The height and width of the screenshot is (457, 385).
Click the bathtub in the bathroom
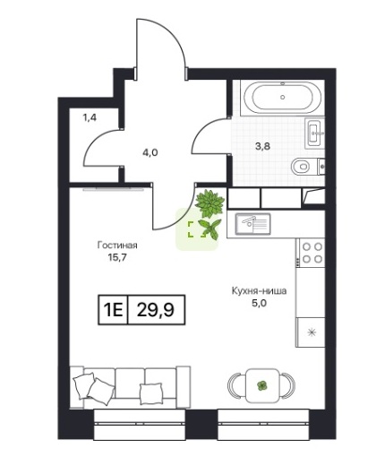(283, 98)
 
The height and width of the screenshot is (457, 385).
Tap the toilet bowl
(300, 167)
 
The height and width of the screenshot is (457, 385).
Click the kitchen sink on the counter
(252, 224)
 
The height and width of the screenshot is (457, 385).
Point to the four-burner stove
(310, 253)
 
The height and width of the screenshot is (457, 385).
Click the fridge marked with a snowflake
(311, 332)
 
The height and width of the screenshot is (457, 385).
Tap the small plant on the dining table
(261, 385)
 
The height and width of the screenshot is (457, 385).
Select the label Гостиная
(117, 246)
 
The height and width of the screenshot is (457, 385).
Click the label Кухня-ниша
(259, 290)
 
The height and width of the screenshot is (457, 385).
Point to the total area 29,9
(156, 310)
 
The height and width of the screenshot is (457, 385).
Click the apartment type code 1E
(113, 310)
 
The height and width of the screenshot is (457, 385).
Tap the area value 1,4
(90, 117)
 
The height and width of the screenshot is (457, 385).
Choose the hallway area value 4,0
(150, 152)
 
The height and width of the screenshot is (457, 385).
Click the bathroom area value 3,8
(262, 146)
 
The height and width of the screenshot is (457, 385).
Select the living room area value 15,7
(117, 257)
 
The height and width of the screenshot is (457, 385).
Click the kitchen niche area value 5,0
(259, 303)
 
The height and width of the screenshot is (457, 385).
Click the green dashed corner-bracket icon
(197, 229)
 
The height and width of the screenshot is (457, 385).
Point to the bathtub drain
(282, 97)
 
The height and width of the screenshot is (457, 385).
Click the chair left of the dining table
(236, 385)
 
